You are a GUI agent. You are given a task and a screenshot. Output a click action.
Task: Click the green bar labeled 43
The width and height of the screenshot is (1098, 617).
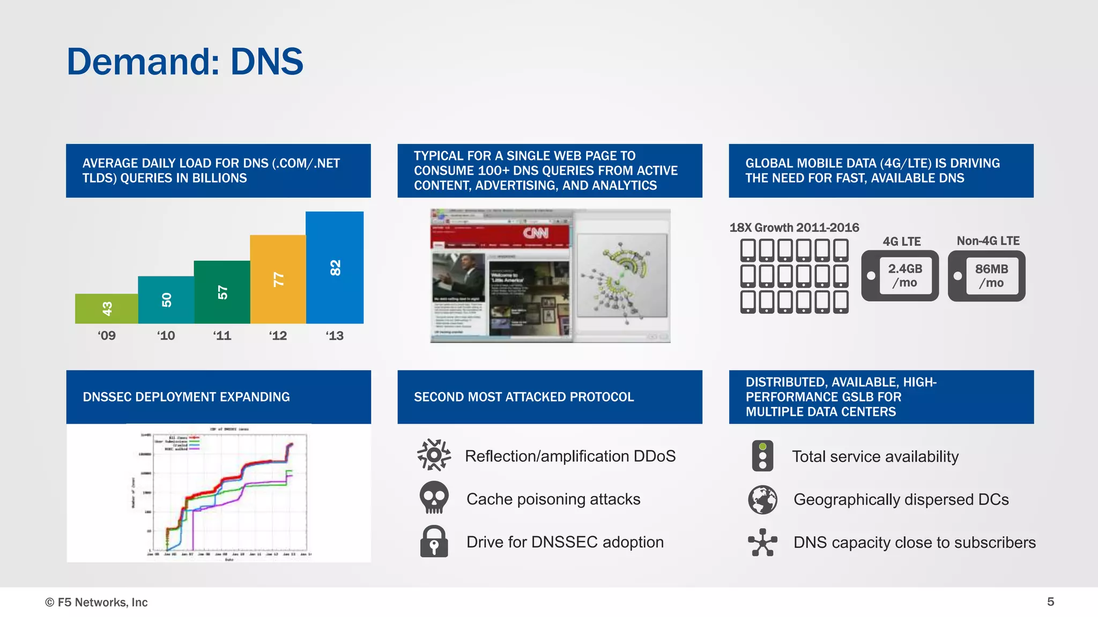(106, 308)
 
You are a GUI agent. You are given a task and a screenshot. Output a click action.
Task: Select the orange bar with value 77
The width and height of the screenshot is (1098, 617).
(278, 279)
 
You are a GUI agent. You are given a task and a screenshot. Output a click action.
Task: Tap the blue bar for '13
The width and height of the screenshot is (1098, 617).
(335, 267)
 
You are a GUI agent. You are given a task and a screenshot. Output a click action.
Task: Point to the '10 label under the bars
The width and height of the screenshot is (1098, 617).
(166, 336)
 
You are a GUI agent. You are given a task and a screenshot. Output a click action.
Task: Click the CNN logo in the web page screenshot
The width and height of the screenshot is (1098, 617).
(536, 234)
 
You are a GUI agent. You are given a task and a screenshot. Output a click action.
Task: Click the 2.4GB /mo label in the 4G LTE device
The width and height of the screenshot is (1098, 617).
(905, 275)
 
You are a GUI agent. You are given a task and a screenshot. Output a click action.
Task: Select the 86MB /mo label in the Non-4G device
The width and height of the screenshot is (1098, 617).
(991, 275)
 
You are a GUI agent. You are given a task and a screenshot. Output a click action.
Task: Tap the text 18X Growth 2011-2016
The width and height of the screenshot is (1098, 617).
(794, 228)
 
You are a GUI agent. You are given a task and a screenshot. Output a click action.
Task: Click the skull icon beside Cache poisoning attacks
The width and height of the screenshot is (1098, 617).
(434, 498)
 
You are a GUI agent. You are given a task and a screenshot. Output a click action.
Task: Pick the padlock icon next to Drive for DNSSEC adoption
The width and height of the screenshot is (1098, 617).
(434, 541)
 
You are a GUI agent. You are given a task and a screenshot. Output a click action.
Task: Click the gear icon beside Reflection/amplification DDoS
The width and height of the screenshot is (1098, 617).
(434, 455)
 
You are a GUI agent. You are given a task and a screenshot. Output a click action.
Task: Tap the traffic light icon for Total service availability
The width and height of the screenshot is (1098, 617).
(762, 456)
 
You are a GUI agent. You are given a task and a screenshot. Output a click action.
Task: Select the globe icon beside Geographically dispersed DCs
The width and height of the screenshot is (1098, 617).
(762, 499)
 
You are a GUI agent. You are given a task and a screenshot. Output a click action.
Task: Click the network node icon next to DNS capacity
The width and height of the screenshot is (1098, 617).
(762, 542)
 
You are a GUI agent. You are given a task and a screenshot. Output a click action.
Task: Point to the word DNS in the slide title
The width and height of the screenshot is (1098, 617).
(266, 62)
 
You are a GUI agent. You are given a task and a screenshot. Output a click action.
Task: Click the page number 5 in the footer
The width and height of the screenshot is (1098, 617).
(1050, 601)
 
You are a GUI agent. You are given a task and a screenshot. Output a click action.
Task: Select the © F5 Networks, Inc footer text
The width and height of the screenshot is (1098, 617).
(97, 602)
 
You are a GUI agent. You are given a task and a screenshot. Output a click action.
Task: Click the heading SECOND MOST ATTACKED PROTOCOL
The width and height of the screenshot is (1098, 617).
(523, 397)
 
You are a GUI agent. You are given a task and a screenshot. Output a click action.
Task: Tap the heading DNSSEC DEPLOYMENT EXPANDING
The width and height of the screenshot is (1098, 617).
(186, 397)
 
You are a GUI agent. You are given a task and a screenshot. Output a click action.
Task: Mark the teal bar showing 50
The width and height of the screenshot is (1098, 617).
(166, 300)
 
